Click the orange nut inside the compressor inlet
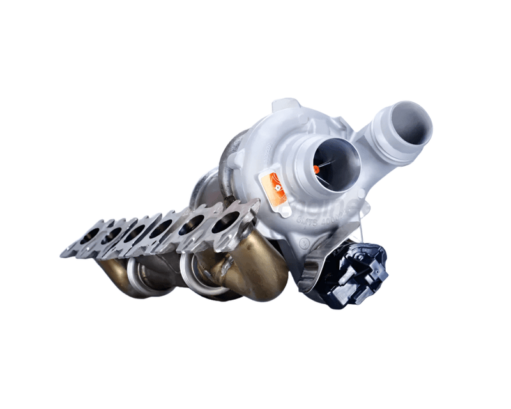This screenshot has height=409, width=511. pos(316,169)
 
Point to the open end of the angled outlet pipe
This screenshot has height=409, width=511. pos(409,123)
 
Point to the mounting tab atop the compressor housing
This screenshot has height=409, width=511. pos(286,105)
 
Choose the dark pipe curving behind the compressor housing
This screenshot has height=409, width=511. pos(228,160)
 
